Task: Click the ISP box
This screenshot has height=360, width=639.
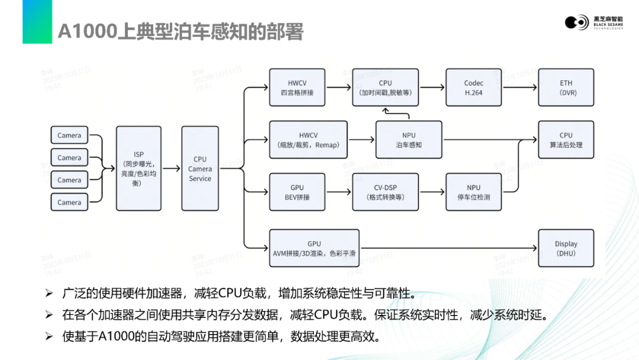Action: pyautogui.click(x=138, y=168)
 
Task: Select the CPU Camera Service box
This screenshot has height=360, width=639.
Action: pyautogui.click(x=200, y=168)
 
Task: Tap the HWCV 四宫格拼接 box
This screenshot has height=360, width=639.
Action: pyautogui.click(x=297, y=88)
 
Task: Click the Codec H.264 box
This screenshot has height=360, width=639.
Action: pyautogui.click(x=473, y=88)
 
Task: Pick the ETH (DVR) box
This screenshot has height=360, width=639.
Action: pyautogui.click(x=566, y=88)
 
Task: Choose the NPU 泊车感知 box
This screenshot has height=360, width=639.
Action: pyautogui.click(x=409, y=140)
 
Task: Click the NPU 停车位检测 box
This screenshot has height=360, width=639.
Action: pyautogui.click(x=473, y=192)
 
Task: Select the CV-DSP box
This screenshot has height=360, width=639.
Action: pyautogui.click(x=385, y=192)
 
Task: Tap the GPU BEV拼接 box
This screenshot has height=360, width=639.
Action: pyautogui.click(x=297, y=192)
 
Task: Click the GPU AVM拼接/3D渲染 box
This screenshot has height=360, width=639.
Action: pyautogui.click(x=314, y=248)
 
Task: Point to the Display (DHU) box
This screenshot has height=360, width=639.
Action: pyautogui.click(x=566, y=248)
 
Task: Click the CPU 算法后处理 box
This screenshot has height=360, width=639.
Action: pyautogui.click(x=566, y=140)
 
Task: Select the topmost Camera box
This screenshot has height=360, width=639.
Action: pyautogui.click(x=69, y=136)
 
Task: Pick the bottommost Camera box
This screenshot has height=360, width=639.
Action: pyautogui.click(x=69, y=202)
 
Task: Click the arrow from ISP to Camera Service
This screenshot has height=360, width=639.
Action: pyautogui.click(x=172, y=168)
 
